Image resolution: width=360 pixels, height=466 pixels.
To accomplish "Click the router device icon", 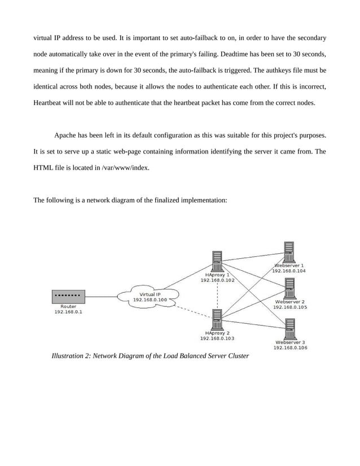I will (68, 296).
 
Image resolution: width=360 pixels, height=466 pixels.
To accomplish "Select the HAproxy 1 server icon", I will (217, 262).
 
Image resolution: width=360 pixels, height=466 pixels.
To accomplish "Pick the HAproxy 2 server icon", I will (217, 320).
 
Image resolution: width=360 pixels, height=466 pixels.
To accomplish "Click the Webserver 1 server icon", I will (289, 252).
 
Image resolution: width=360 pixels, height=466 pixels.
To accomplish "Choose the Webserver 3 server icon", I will (290, 329).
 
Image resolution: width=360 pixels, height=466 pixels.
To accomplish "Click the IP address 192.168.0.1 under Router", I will (68, 313).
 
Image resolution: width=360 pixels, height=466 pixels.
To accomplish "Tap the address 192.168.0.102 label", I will (218, 280).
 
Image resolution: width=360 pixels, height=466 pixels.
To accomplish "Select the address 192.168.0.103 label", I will (217, 338).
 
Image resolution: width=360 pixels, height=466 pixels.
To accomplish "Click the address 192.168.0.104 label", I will (289, 271).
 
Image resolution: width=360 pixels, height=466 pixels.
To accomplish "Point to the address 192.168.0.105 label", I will (290, 307).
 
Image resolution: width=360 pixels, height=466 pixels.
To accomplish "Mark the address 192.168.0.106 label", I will (290, 348).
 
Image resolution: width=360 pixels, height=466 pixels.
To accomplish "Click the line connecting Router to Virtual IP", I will (102, 297).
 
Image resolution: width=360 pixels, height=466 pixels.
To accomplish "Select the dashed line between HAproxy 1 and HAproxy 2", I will (217, 294).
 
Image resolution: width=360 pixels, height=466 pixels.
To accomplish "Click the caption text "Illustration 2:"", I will (71, 356).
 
